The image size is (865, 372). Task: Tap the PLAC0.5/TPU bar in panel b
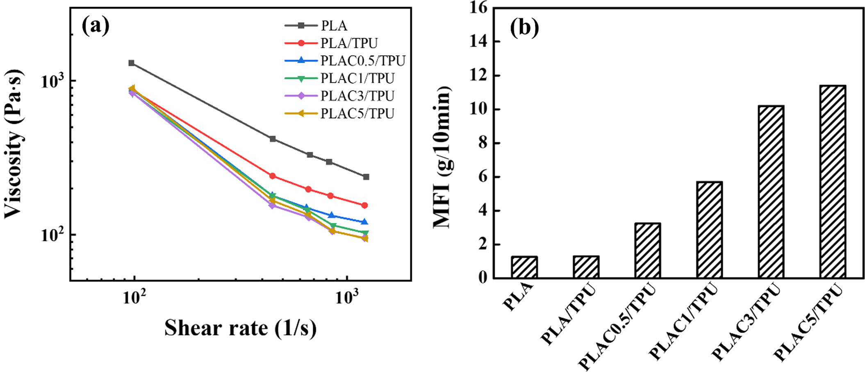click(x=647, y=251)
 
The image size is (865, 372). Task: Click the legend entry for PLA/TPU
click(x=349, y=43)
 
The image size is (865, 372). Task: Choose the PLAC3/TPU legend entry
click(x=357, y=96)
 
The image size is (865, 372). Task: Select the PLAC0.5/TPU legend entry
click(x=362, y=61)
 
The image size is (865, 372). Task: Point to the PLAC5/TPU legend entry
click(x=357, y=113)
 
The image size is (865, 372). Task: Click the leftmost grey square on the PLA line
click(x=132, y=63)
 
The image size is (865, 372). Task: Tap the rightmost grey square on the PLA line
click(x=366, y=177)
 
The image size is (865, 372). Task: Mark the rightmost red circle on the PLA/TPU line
click(x=364, y=205)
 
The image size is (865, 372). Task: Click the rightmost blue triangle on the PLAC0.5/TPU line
click(x=365, y=222)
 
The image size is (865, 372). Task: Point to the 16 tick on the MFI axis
click(x=479, y=8)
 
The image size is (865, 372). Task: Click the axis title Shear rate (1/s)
click(x=241, y=328)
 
